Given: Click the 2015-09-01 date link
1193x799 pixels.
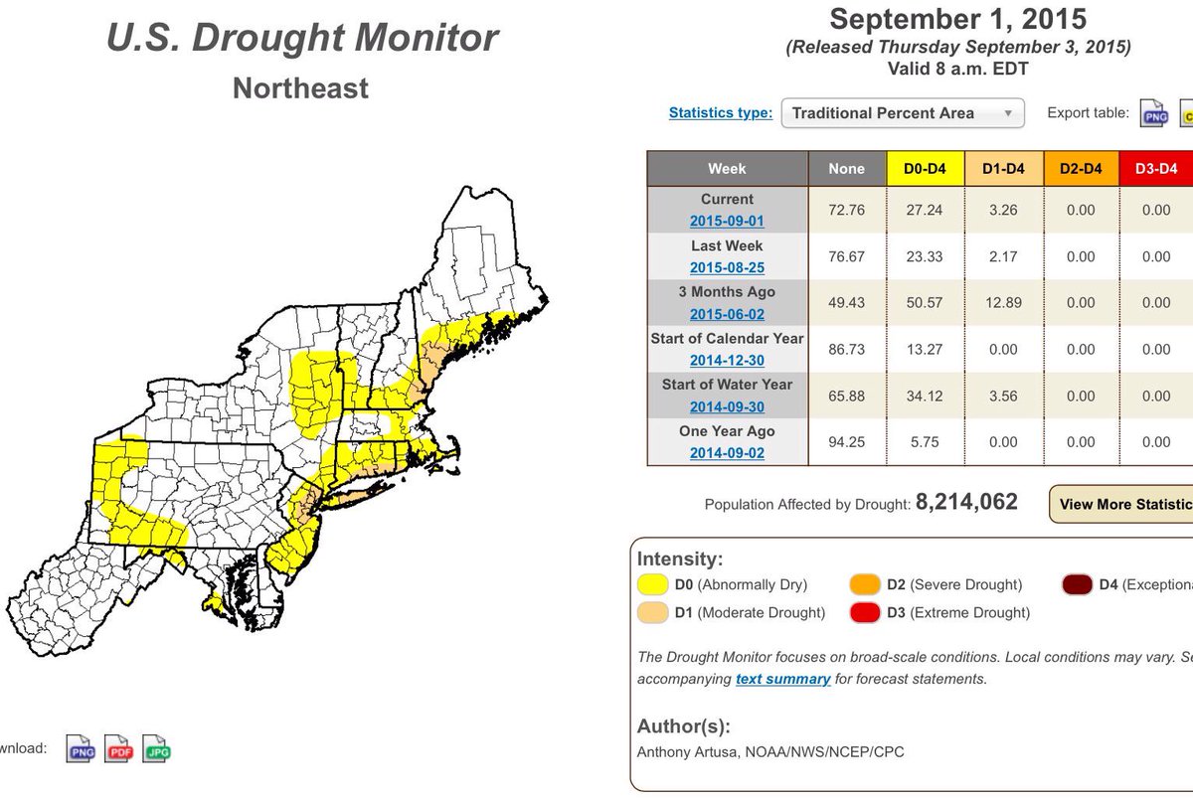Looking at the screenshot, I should (x=727, y=221).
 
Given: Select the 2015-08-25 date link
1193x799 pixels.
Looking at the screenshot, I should (x=727, y=267).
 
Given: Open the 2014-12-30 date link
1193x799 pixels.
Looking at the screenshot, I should (x=727, y=360).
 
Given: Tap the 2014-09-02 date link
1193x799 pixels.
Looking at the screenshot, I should (x=727, y=453).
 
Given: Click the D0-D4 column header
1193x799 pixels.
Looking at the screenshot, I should (x=925, y=169).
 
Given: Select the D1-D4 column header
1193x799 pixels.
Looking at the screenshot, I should (x=1004, y=169).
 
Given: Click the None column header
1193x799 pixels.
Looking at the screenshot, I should (x=847, y=169).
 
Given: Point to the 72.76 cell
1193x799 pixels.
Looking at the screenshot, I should (x=847, y=210).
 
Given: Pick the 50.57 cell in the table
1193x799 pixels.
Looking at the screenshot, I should (x=925, y=302).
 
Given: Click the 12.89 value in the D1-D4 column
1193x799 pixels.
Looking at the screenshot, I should (x=1004, y=302).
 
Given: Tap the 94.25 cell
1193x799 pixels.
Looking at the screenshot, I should (x=847, y=442).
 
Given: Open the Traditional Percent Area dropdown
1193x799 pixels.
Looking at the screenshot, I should (x=903, y=113).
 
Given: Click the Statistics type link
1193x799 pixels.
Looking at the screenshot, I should (x=720, y=113).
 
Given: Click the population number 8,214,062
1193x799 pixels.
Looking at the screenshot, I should (x=966, y=503).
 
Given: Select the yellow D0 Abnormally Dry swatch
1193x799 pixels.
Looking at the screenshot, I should (x=651, y=584).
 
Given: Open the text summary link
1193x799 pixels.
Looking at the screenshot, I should (x=782, y=679).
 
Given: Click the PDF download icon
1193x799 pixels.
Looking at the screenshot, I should (x=118, y=748).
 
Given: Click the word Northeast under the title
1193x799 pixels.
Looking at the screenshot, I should (x=300, y=88).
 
